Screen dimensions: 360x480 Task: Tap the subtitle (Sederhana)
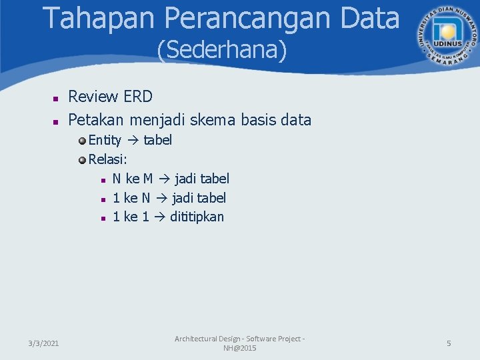tap(222, 50)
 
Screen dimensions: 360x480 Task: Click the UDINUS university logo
tap(443, 33)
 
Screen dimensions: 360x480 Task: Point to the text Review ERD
tap(111, 97)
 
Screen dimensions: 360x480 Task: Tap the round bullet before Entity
tap(82, 141)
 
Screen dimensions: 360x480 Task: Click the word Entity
tap(105, 140)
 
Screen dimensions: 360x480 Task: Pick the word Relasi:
tap(108, 159)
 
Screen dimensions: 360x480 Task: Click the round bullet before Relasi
tap(82, 160)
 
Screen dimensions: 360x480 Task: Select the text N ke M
tap(133, 179)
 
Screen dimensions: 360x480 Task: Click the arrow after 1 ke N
tap(161, 198)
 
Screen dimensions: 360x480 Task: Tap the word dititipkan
tap(197, 217)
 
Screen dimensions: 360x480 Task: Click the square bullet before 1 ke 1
tap(103, 218)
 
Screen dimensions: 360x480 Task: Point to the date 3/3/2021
tap(43, 343)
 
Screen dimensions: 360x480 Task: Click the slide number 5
tap(449, 343)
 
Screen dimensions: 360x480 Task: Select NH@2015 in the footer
tap(239, 349)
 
